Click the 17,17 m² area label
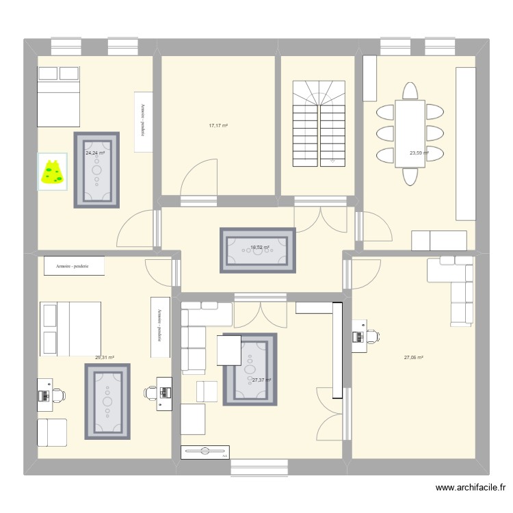click(x=218, y=126)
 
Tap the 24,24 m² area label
click(x=96, y=153)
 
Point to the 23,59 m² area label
click(x=419, y=153)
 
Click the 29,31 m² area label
click(x=104, y=357)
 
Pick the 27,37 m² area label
click(x=261, y=380)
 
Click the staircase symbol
click(x=319, y=123)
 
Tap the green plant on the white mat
click(x=52, y=172)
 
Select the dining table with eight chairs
click(x=410, y=133)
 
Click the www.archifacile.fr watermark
click(x=470, y=488)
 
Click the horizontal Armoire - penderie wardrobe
click(x=74, y=266)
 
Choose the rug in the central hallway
click(x=257, y=250)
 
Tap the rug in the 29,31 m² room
click(x=107, y=401)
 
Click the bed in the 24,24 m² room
click(x=59, y=96)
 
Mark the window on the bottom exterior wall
click(x=259, y=467)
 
